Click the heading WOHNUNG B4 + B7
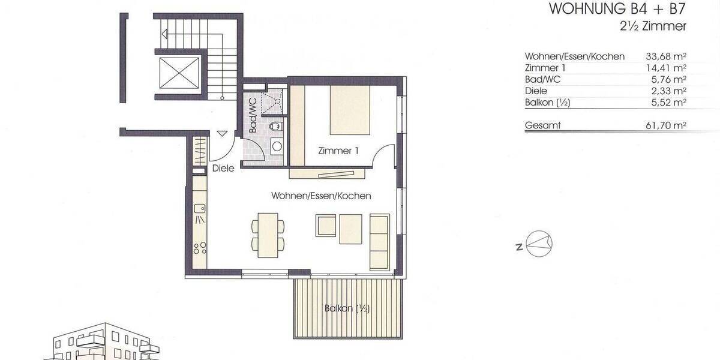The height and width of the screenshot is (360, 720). point(617,10)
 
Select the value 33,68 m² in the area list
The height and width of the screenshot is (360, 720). point(666,56)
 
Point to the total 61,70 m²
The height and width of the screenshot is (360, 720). point(666,125)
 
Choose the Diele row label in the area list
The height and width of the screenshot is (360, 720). point(535,91)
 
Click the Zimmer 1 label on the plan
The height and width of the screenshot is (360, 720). point(340,151)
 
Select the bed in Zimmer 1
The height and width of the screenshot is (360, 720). point(352,111)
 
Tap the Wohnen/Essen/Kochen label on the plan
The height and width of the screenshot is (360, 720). point(321,196)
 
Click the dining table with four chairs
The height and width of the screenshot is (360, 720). point(265,232)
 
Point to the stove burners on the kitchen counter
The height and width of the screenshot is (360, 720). point(200,248)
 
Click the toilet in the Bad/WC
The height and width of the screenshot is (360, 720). point(275,127)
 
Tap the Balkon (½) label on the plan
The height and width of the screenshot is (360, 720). point(346,309)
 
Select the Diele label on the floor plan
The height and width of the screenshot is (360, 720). point(223,169)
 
